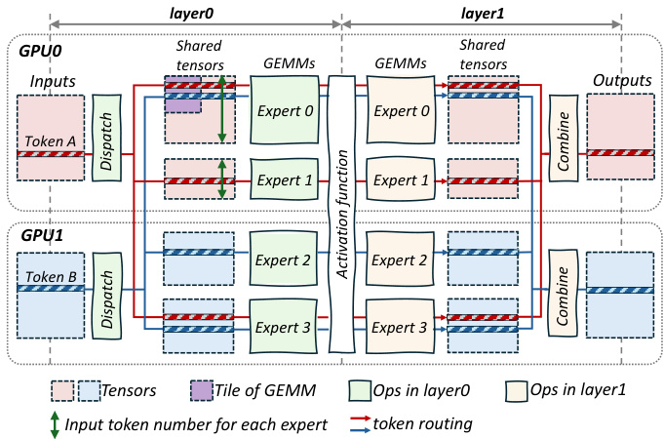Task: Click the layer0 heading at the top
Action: [195, 9]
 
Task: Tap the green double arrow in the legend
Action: [57, 424]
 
